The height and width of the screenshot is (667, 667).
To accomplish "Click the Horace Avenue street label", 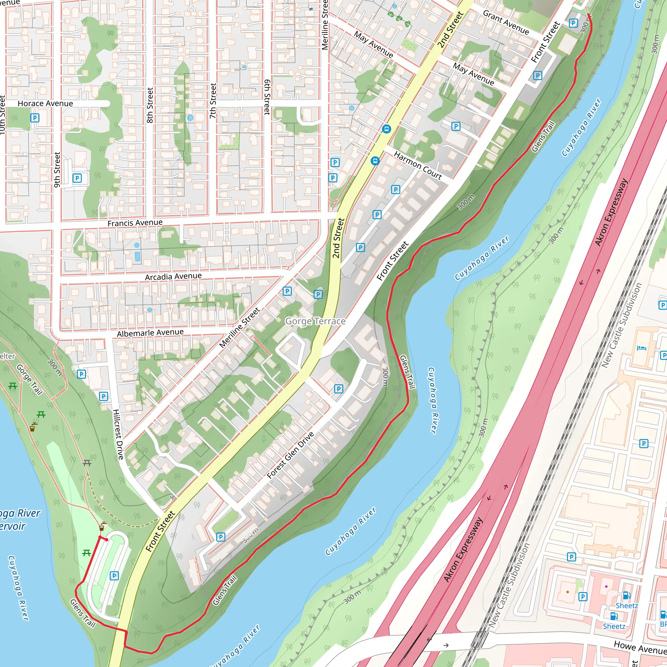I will point(45,104).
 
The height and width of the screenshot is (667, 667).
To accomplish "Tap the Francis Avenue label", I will point(135,223).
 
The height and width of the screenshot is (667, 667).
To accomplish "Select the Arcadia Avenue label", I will point(173,277).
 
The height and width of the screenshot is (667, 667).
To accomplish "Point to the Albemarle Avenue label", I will point(150,333).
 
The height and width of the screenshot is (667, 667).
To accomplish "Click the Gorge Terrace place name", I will point(315,321).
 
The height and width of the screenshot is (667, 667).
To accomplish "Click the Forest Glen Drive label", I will point(290,455).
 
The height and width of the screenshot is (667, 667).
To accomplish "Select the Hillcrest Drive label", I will point(119,434).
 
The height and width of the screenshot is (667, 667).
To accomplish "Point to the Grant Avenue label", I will point(506,23).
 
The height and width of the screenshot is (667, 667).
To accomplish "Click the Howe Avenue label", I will point(640,648).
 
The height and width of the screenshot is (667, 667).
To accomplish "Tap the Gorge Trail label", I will point(30,379).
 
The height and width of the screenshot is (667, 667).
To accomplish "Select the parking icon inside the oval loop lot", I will point(114,575).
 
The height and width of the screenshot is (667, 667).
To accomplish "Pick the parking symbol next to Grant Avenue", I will point(574,23).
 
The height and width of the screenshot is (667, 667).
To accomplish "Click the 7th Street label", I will point(213,101).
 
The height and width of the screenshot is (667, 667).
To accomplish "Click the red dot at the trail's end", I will point(107,540).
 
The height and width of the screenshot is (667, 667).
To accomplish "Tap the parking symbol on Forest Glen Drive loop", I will point(339,389).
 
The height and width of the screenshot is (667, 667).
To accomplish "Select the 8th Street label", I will point(150,105).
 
